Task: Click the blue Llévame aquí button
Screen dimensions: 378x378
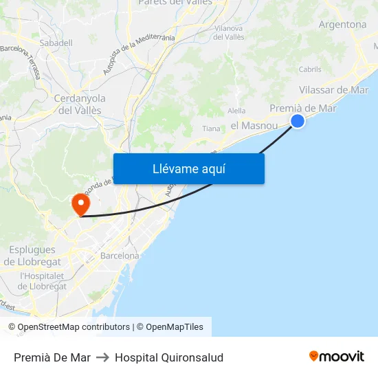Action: (x=188, y=168)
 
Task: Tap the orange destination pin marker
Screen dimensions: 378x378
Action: (x=80, y=203)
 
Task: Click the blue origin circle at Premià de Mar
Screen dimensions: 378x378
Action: (x=298, y=121)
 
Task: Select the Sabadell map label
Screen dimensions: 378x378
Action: (x=56, y=43)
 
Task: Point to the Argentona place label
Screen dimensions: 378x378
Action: (x=342, y=25)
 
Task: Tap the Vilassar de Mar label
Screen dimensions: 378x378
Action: (x=334, y=90)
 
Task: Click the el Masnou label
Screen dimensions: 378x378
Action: (x=254, y=126)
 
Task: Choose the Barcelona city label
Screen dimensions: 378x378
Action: (x=120, y=256)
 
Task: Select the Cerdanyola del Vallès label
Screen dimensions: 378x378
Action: (x=78, y=104)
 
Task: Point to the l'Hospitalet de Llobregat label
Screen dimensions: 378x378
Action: (x=43, y=280)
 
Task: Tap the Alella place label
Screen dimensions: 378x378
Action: (x=236, y=111)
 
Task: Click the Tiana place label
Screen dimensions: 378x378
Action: (x=211, y=129)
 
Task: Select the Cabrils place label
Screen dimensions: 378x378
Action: (x=310, y=69)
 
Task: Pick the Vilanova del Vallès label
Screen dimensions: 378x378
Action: (x=229, y=32)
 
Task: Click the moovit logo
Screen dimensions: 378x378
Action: (x=337, y=357)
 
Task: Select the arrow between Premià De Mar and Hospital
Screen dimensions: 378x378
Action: (x=102, y=357)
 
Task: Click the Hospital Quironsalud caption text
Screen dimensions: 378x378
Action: (x=169, y=357)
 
